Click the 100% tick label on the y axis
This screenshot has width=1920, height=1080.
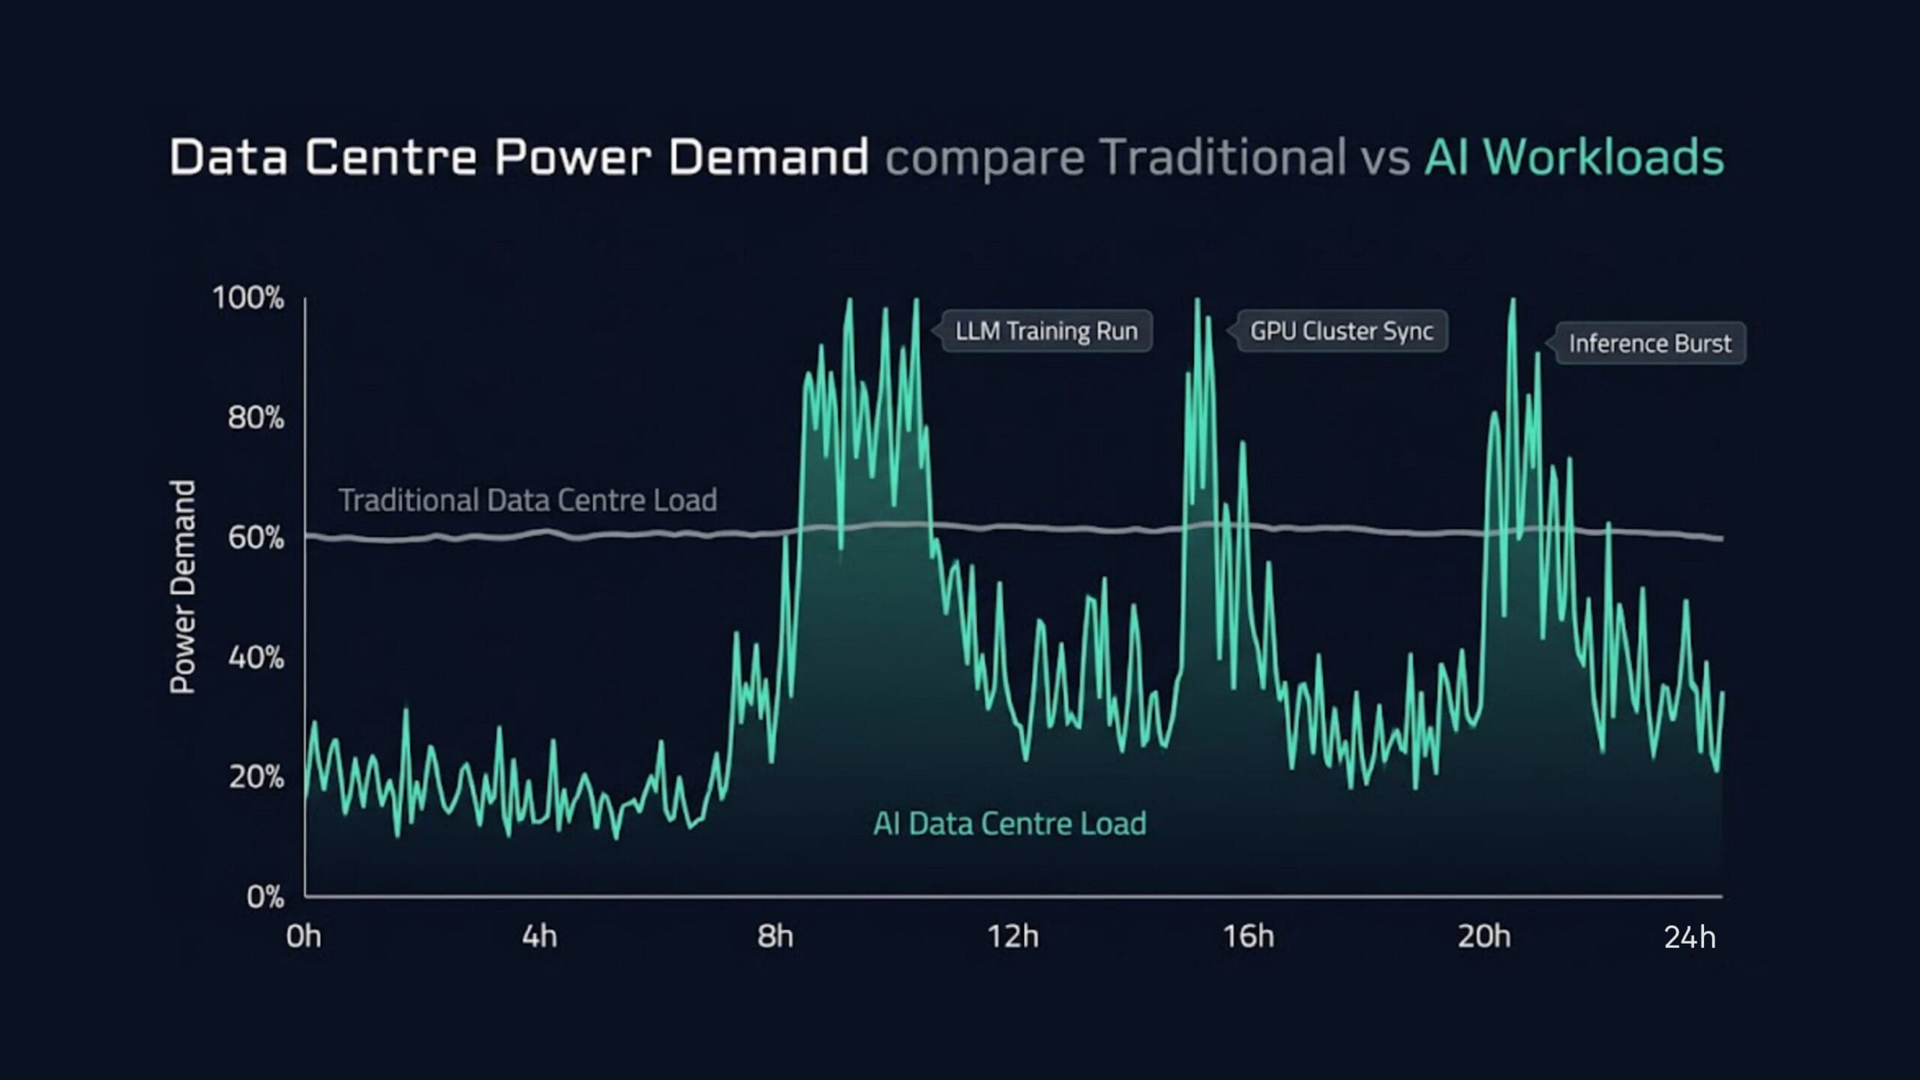point(248,298)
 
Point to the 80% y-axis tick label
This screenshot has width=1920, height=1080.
point(256,418)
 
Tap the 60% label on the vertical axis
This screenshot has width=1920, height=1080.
point(256,538)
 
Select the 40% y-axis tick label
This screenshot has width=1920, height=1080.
point(256,658)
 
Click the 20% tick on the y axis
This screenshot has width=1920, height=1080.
point(256,777)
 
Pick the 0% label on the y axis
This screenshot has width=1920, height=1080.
point(265,897)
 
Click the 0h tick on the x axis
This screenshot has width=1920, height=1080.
point(304,937)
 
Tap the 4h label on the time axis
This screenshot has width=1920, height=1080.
point(539,937)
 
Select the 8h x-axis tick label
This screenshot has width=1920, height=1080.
point(775,937)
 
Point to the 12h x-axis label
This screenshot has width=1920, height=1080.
point(1012,937)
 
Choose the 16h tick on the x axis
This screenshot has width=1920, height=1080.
point(1248,937)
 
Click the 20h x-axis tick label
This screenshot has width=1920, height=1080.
point(1483,937)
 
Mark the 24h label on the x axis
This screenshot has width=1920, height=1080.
point(1690,937)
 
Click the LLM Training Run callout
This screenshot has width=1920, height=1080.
point(1046,331)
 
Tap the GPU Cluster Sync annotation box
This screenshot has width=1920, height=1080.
point(1342,331)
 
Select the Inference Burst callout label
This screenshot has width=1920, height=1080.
point(1650,343)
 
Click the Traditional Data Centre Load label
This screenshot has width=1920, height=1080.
point(528,500)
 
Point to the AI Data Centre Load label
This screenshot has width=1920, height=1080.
point(1009,823)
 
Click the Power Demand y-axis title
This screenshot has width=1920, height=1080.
point(182,586)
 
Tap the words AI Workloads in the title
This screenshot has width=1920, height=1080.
point(1574,157)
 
